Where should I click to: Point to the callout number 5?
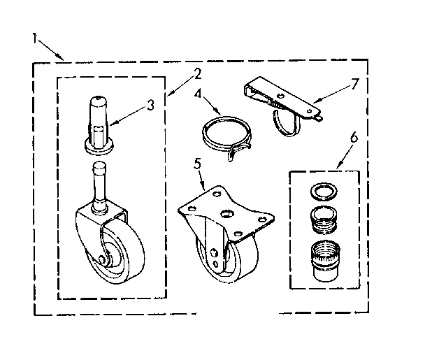coord(198,166)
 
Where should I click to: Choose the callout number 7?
coord(354,85)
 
